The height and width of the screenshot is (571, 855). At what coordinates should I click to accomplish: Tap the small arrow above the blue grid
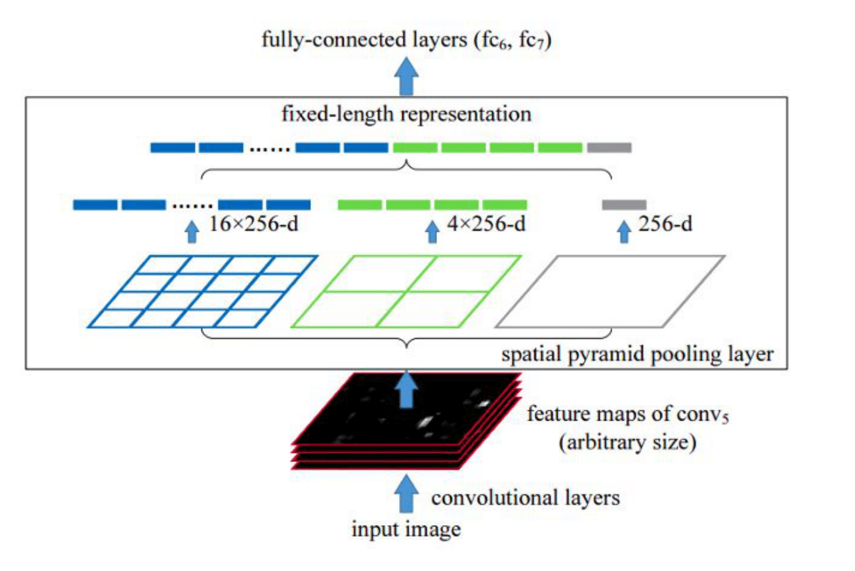[192, 232]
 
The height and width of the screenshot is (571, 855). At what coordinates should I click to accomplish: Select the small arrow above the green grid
[432, 232]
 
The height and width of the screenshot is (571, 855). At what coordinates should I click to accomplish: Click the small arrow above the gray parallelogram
[623, 232]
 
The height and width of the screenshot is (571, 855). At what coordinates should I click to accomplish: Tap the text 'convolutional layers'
[525, 498]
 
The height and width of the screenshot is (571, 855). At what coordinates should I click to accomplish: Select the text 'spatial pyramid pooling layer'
[637, 355]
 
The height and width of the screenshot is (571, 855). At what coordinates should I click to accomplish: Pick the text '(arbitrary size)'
[626, 442]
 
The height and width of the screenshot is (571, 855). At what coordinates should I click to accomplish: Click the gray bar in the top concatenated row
[609, 148]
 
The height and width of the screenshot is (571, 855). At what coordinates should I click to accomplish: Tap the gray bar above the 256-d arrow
[624, 205]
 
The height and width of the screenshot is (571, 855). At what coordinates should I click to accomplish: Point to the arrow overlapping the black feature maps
[408, 389]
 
